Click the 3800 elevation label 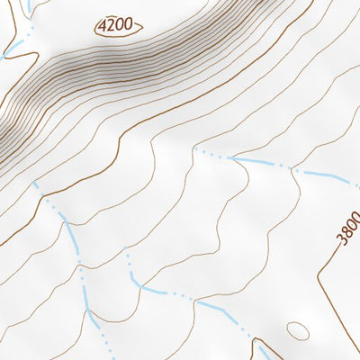point(349,229)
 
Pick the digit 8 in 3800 point(348,232)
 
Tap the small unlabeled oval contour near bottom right point(297,330)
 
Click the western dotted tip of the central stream point(194,149)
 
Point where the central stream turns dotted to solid point(232,158)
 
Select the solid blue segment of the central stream point(261,163)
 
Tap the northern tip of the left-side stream point(36,183)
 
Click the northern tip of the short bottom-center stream point(127,255)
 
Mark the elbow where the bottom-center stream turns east point(140,287)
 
